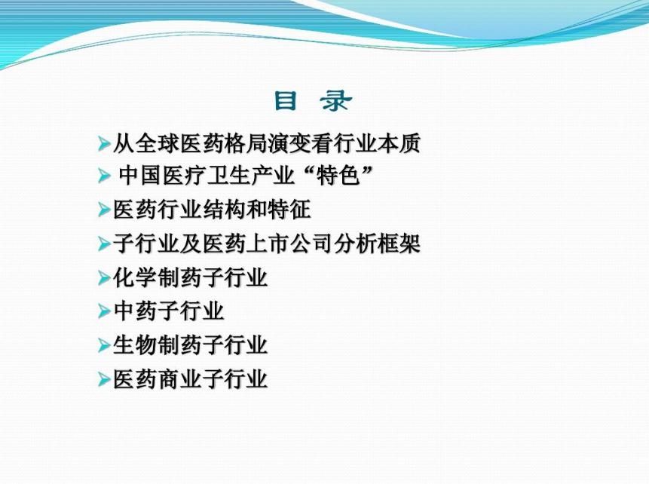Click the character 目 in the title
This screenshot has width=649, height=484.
(x=286, y=101)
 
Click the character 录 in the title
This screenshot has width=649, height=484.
(x=334, y=101)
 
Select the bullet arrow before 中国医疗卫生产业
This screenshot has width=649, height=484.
(x=104, y=176)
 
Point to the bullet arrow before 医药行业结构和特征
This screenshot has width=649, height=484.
(x=104, y=210)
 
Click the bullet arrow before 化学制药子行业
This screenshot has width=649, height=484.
(x=104, y=278)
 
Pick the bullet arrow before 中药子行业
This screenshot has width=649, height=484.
(x=104, y=311)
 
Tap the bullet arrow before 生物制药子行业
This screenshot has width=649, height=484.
(x=104, y=346)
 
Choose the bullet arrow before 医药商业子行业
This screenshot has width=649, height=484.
(x=104, y=380)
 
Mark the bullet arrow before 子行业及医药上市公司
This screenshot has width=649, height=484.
(x=104, y=244)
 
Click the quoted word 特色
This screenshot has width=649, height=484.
(x=333, y=176)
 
